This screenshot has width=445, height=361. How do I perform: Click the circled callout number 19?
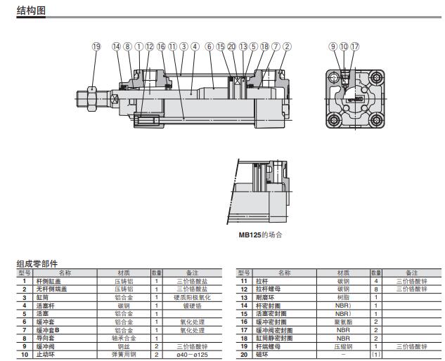tap(96, 46)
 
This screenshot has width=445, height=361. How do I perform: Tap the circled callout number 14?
tap(117, 46)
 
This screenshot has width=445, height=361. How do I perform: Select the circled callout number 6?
tap(209, 46)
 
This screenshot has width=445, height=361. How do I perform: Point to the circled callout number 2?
tap(287, 46)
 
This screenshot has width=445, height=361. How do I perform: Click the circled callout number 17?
tap(354, 46)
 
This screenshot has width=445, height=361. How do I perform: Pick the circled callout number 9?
tap(334, 46)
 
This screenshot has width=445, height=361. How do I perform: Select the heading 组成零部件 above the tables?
tap(37, 263)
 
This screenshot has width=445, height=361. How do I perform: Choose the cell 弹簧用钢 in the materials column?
tap(124, 355)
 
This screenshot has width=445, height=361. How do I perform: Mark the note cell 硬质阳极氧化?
tap(188, 297)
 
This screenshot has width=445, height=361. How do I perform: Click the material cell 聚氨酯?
tap(343, 322)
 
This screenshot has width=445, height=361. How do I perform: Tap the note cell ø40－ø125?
tap(188, 355)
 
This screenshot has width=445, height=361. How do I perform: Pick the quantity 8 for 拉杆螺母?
tap(377, 289)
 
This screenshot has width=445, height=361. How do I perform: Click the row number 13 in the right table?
tap(244, 297)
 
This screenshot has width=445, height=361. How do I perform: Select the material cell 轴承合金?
tap(124, 338)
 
